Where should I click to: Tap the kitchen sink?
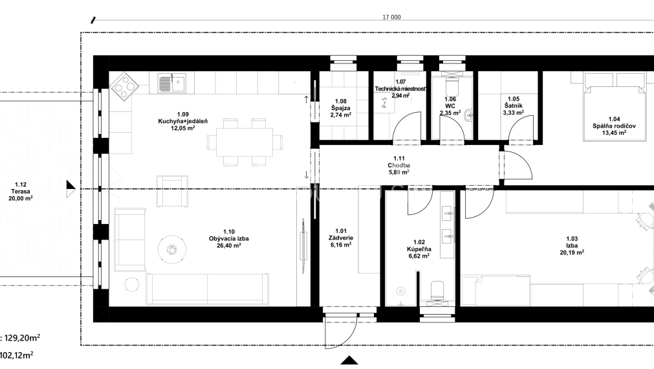pyautogui.click(x=173, y=83)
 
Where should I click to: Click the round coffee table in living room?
pyautogui.click(x=172, y=247)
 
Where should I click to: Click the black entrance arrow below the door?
pyautogui.click(x=349, y=361)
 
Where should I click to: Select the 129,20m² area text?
pyautogui.click(x=23, y=337)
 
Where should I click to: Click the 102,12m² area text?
pyautogui.click(x=17, y=355)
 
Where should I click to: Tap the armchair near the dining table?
pyautogui.click(x=173, y=188)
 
